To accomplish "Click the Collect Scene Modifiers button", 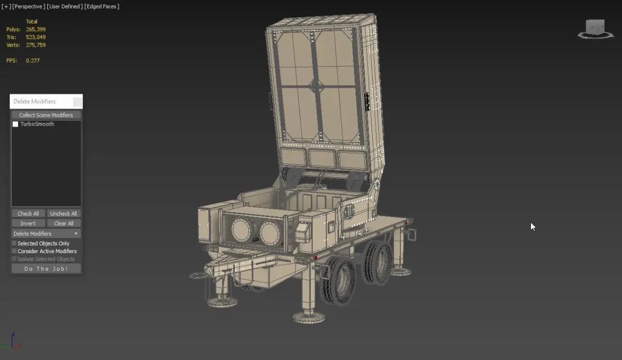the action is click(x=46, y=115).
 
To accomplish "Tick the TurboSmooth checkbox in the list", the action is click(x=15, y=124).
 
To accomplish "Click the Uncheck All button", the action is click(x=64, y=214).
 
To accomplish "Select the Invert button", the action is click(x=28, y=223).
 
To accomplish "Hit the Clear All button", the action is click(x=64, y=223).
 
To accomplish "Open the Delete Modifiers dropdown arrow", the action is click(x=76, y=233).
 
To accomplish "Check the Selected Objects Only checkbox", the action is click(x=14, y=243).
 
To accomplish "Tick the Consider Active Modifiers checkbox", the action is click(x=14, y=251).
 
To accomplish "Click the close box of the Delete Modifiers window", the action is click(x=77, y=102).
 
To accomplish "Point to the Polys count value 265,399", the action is click(x=36, y=29).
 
